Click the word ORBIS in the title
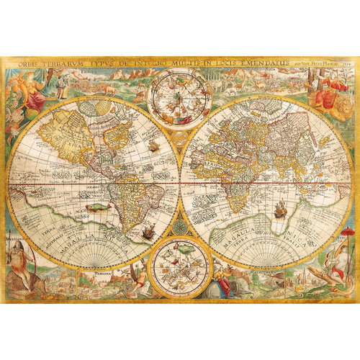19,63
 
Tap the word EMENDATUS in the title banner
264,63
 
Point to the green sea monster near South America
93,207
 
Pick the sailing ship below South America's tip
148,232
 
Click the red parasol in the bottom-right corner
348,233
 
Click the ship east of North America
153,147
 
